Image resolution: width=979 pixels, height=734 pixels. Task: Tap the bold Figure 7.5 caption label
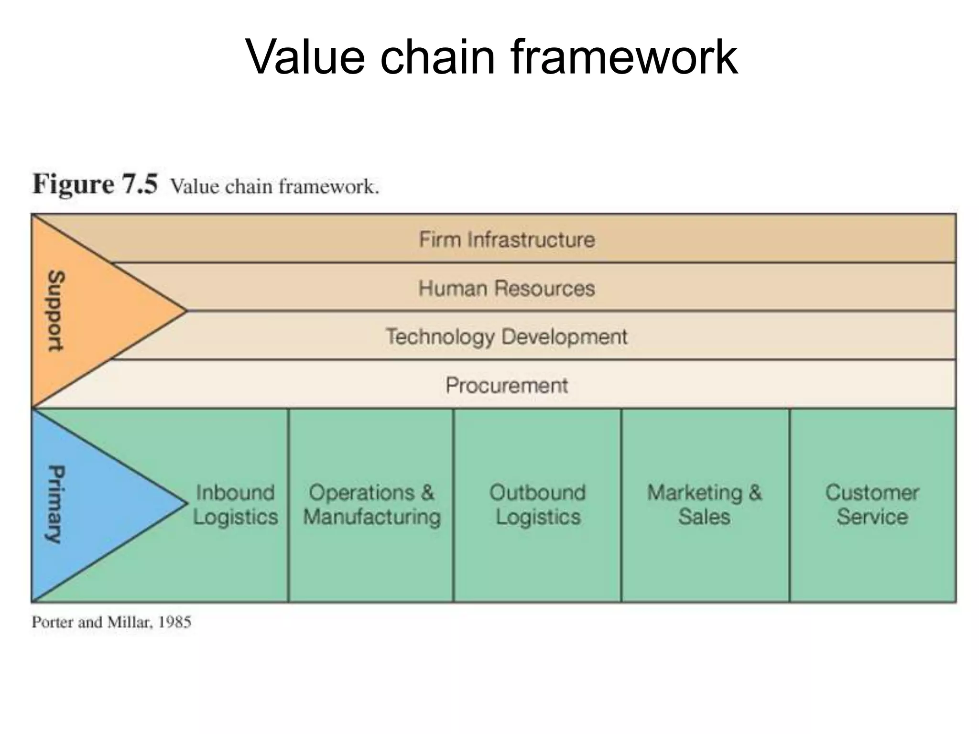click(x=95, y=184)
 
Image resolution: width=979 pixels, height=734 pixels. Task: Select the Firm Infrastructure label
click(x=507, y=239)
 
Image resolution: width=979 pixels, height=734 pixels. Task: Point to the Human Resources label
click(x=507, y=288)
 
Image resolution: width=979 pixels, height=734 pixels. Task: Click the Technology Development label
click(x=507, y=336)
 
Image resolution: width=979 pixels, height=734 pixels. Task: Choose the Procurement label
click(x=507, y=385)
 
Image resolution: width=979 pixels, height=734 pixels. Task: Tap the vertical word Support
click(x=56, y=311)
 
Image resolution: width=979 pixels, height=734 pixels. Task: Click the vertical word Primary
click(x=56, y=504)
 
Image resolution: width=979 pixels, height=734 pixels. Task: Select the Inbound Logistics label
click(x=235, y=505)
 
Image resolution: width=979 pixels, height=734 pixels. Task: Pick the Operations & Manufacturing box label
click(x=372, y=505)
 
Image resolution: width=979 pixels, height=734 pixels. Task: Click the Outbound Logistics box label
click(x=538, y=505)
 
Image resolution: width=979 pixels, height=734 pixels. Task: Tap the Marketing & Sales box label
click(x=705, y=505)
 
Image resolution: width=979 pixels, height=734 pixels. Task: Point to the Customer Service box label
click(x=872, y=505)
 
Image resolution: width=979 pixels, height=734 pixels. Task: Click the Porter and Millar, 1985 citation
click(x=111, y=622)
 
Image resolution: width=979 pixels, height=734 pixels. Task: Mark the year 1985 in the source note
click(x=174, y=622)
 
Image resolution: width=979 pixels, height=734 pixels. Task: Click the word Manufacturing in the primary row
click(x=372, y=517)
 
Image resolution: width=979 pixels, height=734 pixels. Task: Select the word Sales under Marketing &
click(x=705, y=517)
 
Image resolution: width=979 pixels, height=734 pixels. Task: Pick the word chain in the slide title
click(x=437, y=57)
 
